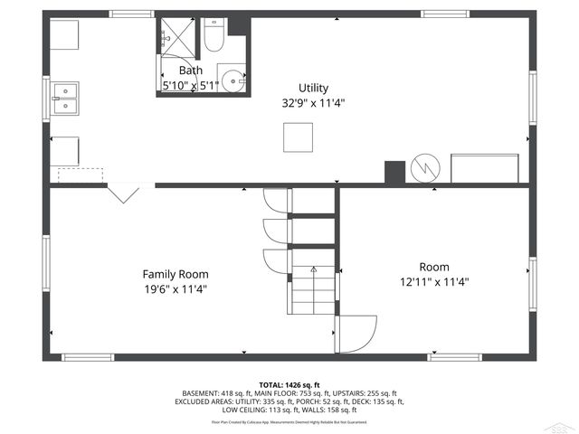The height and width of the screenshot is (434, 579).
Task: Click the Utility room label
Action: [313, 88]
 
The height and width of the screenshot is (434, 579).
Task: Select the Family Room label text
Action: [175, 274]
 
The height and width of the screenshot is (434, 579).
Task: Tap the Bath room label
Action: [190, 71]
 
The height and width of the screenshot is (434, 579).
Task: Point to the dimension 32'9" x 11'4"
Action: [313, 103]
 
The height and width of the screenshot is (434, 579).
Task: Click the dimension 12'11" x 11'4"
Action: [433, 281]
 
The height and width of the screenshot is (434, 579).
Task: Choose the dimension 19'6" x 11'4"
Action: [175, 289]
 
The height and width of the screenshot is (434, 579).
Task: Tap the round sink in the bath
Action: [235, 80]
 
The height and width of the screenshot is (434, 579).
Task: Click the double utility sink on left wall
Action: [64, 97]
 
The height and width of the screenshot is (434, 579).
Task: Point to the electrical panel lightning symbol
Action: [424, 169]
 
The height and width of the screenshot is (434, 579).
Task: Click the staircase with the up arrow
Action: [312, 288]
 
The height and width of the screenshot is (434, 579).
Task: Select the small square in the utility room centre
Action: [297, 137]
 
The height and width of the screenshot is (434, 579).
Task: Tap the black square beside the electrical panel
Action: [394, 172]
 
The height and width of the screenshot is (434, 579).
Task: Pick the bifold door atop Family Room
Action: [123, 193]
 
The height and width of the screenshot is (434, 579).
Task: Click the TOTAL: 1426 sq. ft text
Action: [289, 385]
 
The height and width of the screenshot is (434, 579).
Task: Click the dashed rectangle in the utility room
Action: [80, 175]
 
